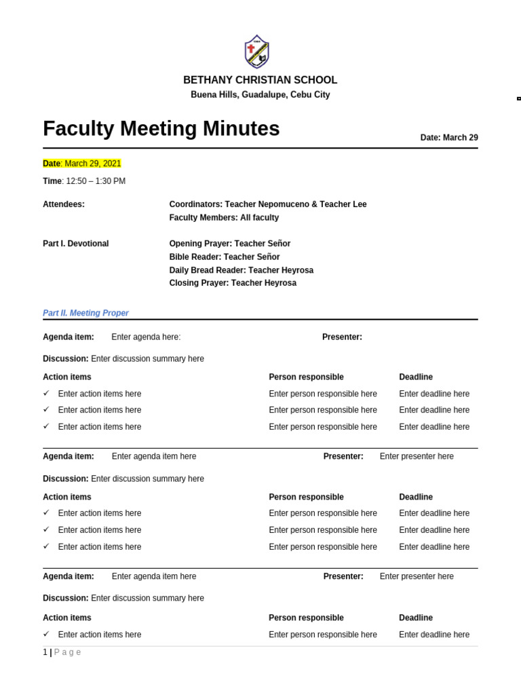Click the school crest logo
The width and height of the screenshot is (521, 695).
(x=256, y=52)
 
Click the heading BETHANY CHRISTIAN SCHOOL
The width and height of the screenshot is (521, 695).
(x=260, y=80)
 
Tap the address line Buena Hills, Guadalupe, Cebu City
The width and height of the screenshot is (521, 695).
(x=260, y=95)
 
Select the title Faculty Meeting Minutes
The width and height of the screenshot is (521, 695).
(x=161, y=129)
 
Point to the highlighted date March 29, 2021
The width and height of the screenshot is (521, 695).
(x=93, y=164)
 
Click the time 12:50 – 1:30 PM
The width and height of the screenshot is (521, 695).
(x=96, y=181)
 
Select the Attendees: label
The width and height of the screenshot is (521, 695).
(x=64, y=204)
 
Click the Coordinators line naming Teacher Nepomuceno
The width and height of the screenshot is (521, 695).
(x=268, y=204)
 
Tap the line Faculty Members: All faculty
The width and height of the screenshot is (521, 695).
(x=224, y=218)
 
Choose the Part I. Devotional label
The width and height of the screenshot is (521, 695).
(x=75, y=244)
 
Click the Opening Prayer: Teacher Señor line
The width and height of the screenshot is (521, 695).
(x=229, y=244)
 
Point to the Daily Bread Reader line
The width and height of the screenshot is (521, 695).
(x=241, y=270)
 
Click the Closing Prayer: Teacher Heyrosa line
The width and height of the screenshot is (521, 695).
(x=233, y=283)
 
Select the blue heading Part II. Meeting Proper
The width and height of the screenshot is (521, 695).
(x=85, y=313)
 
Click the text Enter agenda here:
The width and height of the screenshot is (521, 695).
(x=146, y=337)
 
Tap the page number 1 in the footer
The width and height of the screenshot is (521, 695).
(x=45, y=652)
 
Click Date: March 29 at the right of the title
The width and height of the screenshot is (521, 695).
(x=449, y=138)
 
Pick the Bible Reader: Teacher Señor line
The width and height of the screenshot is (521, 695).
(x=225, y=257)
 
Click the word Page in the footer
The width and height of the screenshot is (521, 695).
(x=68, y=652)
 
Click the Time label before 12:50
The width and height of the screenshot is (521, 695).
(x=52, y=181)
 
